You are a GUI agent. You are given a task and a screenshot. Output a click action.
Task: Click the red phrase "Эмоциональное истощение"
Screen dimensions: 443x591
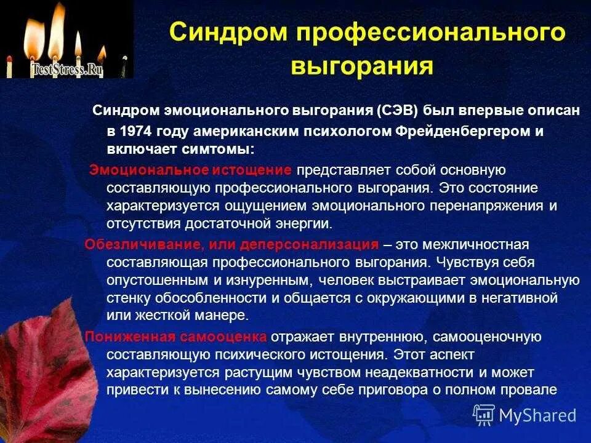(x=191, y=169)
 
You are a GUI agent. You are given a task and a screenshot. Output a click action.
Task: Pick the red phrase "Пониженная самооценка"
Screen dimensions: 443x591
(x=176, y=337)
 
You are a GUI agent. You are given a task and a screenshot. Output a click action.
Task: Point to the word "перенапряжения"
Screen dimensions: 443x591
(x=491, y=206)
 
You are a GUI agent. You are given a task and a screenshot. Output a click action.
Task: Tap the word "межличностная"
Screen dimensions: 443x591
(x=472, y=244)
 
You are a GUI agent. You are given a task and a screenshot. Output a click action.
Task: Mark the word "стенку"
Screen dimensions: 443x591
(x=126, y=298)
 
